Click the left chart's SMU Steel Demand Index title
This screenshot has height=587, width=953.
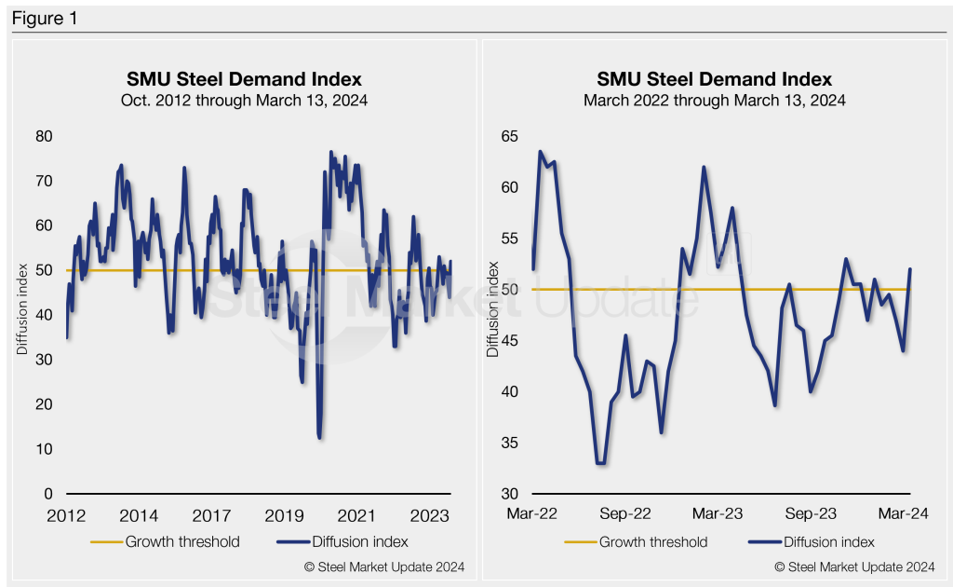244,78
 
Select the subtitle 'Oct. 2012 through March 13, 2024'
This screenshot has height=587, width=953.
244,100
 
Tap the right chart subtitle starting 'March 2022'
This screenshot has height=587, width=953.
714,100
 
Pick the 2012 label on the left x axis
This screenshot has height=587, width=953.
66,513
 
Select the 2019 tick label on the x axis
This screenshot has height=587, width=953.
284,513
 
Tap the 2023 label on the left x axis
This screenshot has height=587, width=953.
429,513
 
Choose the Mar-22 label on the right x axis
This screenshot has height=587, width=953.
532,513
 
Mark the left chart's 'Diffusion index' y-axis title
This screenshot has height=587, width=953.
22,315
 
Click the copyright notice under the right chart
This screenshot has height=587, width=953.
855,567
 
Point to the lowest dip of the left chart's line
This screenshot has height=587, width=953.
319,437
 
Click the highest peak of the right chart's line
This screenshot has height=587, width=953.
540,151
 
